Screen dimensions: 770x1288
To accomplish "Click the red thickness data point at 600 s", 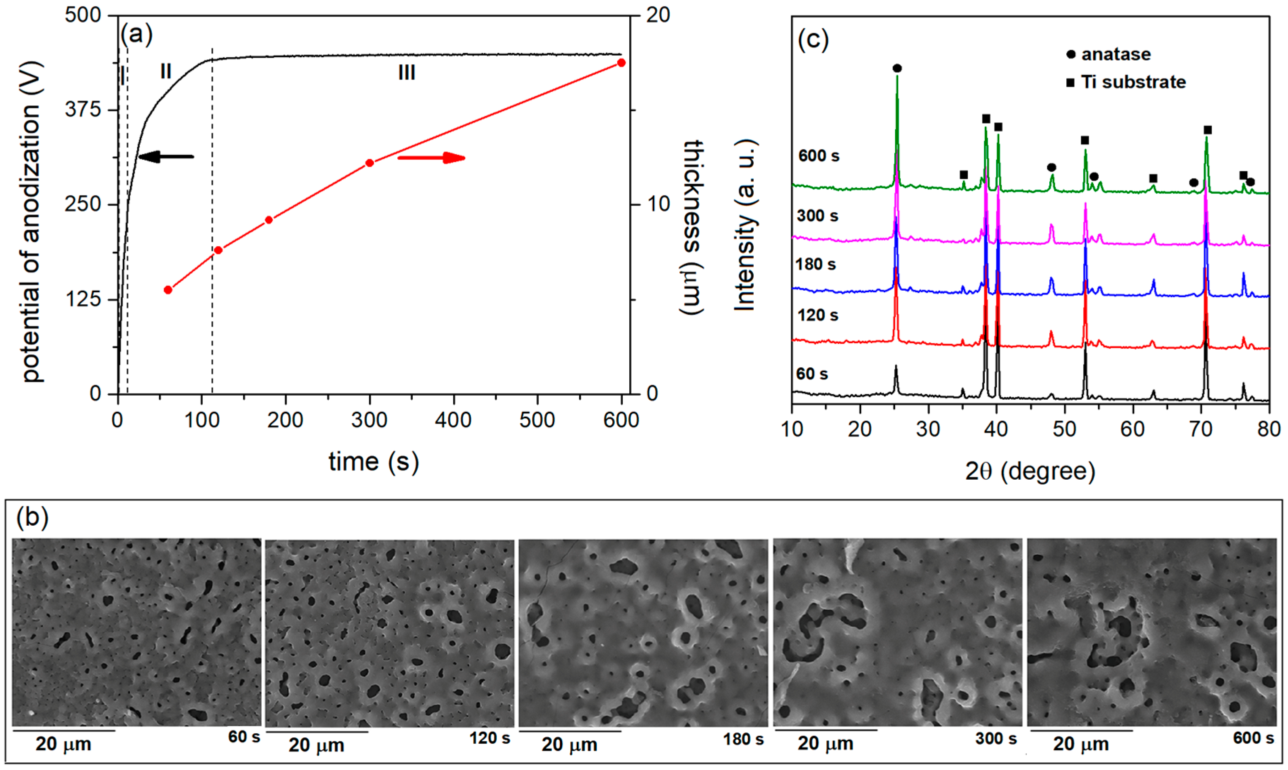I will point(621,63).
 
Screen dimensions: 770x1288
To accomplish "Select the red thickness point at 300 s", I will point(370,163).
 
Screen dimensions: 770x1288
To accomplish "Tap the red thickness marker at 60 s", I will point(168,290).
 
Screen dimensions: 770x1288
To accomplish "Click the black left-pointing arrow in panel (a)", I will point(166,156).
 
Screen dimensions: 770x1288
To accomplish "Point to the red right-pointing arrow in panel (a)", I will point(431,158).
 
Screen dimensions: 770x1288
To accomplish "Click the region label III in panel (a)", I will point(406,73).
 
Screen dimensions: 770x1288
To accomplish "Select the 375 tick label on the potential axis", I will point(83,110).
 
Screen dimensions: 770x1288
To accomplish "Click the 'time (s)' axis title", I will point(374,461).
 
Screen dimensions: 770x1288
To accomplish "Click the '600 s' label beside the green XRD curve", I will point(818,156).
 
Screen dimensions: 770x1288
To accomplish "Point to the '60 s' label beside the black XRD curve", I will point(812,373).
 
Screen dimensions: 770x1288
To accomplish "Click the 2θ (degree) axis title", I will point(1030,471).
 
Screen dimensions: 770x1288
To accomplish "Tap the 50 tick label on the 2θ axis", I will point(1064,429).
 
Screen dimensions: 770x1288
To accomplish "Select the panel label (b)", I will point(32,517).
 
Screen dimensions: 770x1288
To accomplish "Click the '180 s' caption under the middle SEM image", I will point(743,739).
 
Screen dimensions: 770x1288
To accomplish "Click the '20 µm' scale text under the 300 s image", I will point(825,743).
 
